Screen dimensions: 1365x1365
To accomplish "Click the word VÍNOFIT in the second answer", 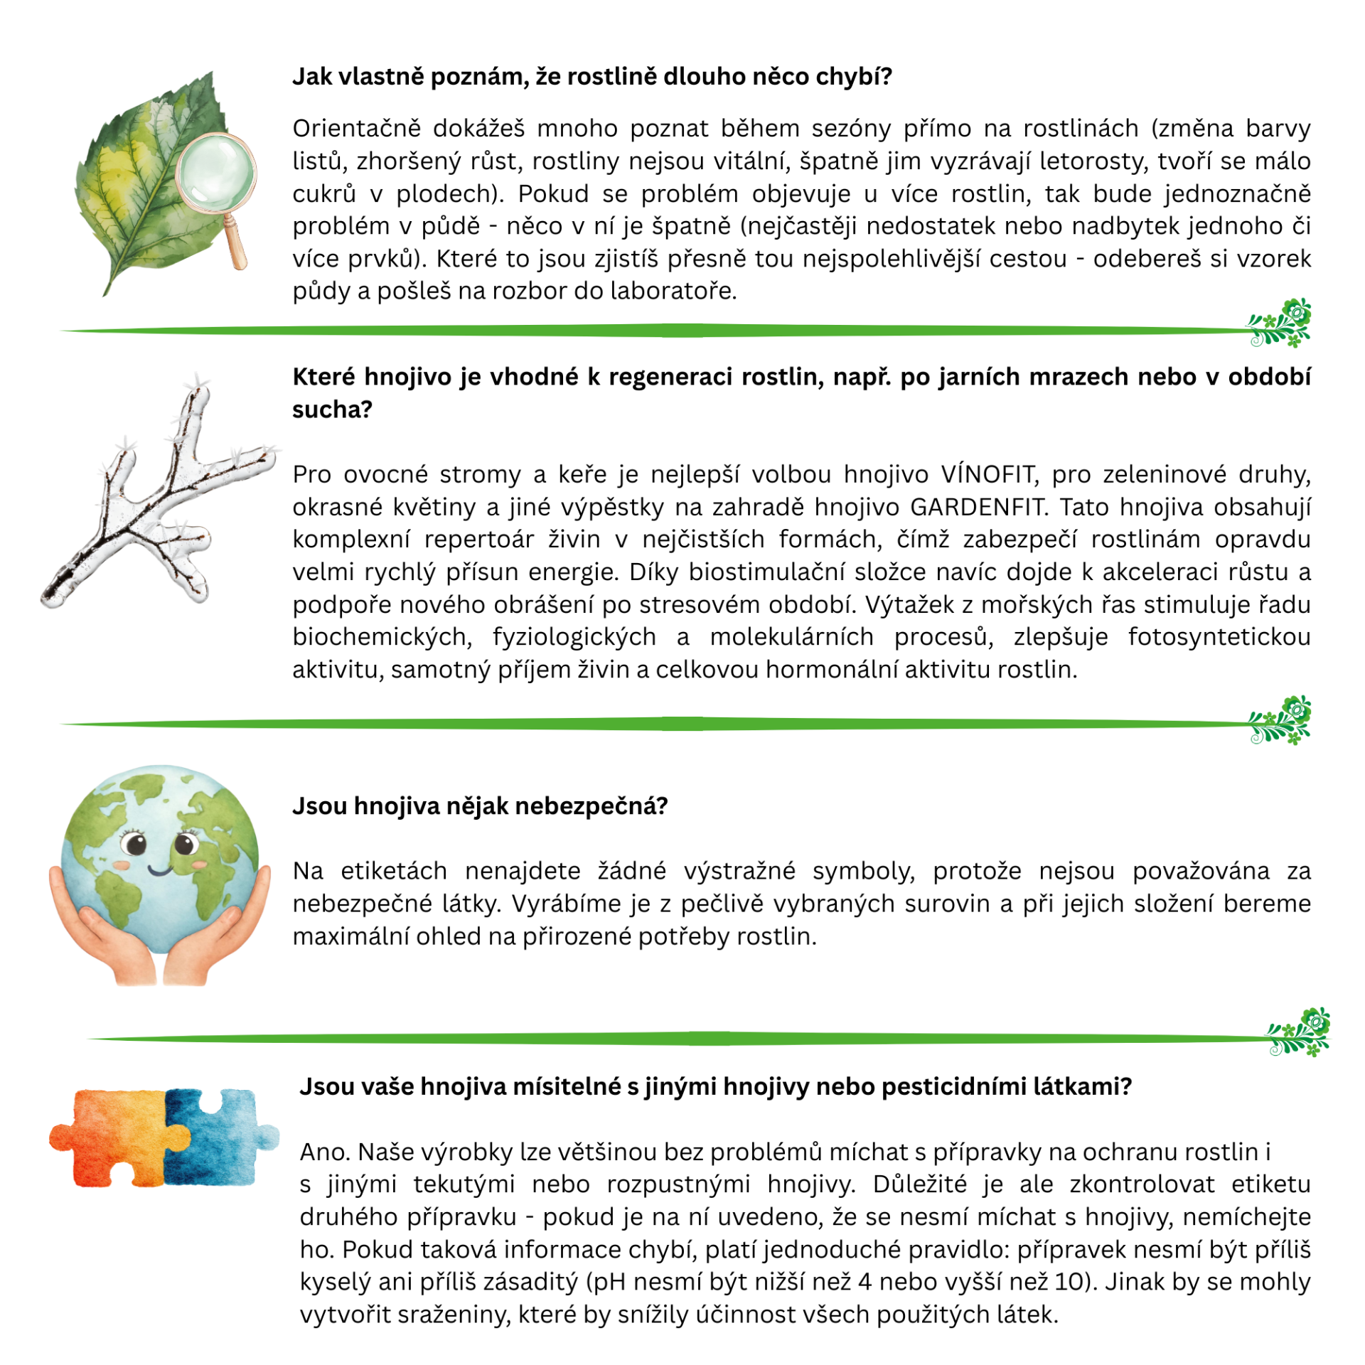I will tap(987, 474).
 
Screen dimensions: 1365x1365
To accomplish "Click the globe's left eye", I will tap(134, 845).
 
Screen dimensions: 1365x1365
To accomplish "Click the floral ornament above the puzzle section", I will tap(1298, 1033).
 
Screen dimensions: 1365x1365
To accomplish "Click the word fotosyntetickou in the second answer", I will tap(1219, 637).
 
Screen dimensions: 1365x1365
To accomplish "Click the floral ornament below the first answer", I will tap(1280, 323).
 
